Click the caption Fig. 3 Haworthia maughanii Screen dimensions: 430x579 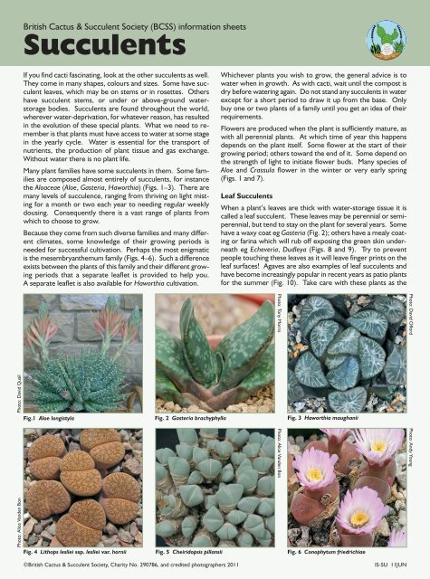(331, 419)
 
